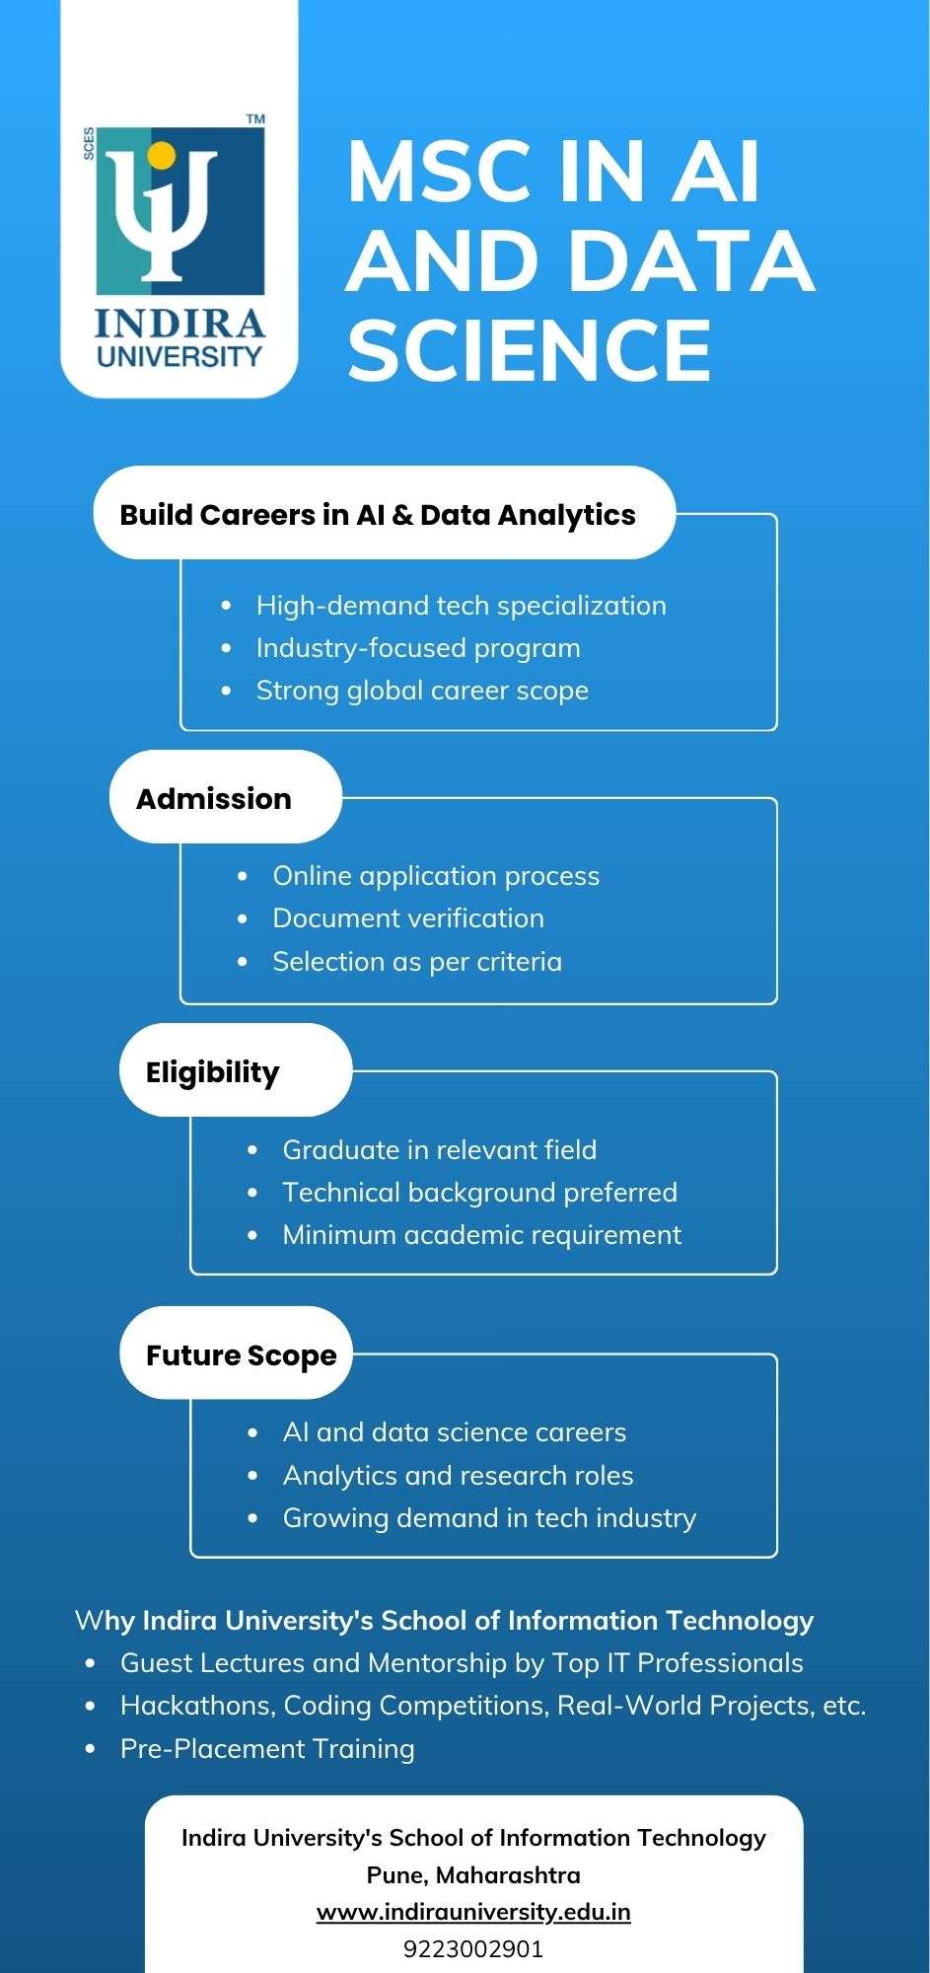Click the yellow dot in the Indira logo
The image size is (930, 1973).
161,155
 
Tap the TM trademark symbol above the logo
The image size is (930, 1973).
255,119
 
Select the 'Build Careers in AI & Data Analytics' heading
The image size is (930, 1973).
378,515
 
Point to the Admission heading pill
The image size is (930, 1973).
225,797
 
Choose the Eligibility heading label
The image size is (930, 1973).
213,1072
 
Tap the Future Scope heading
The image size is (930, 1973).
242,1355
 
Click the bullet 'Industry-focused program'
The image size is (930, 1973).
418,648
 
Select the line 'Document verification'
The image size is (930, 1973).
408,918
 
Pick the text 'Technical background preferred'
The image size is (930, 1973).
480,1193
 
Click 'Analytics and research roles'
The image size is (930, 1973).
459,1475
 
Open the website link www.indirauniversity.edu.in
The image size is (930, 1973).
473,1912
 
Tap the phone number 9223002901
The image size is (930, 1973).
473,1949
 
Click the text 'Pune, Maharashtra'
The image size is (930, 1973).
473,1875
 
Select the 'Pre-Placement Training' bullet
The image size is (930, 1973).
267,1748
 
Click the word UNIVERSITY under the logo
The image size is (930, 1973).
179,355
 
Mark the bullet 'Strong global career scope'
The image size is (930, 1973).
422,691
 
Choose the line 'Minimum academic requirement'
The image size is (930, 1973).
482,1235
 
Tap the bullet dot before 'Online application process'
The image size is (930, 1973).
243,876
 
